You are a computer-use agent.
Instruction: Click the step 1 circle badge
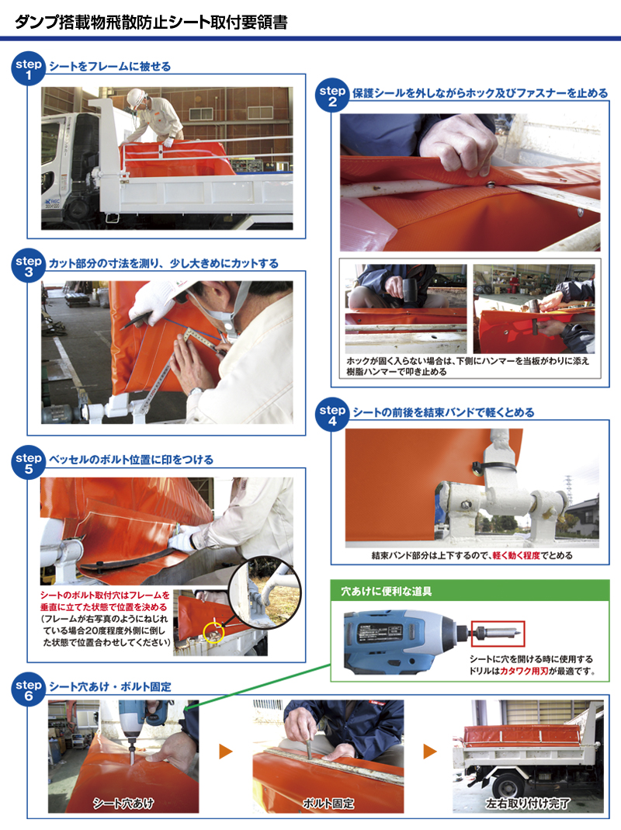point(28,69)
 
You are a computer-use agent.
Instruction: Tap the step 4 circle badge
point(332,415)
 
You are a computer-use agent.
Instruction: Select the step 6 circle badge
point(28,689)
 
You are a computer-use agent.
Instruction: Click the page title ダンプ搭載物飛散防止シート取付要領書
point(151,22)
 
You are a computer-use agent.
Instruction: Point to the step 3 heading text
point(164,263)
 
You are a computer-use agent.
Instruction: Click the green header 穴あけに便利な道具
point(387,591)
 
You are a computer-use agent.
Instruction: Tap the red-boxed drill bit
point(497,633)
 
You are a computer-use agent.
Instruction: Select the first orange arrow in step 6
point(226,751)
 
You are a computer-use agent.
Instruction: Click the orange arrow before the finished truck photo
point(430,751)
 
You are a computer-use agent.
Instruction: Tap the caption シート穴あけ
point(123,803)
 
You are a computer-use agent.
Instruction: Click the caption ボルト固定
point(328,803)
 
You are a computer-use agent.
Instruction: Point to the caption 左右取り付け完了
point(528,804)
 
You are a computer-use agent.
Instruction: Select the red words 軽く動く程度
point(516,555)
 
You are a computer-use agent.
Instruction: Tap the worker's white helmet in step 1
point(137,97)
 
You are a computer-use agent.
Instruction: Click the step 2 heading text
point(480,93)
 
